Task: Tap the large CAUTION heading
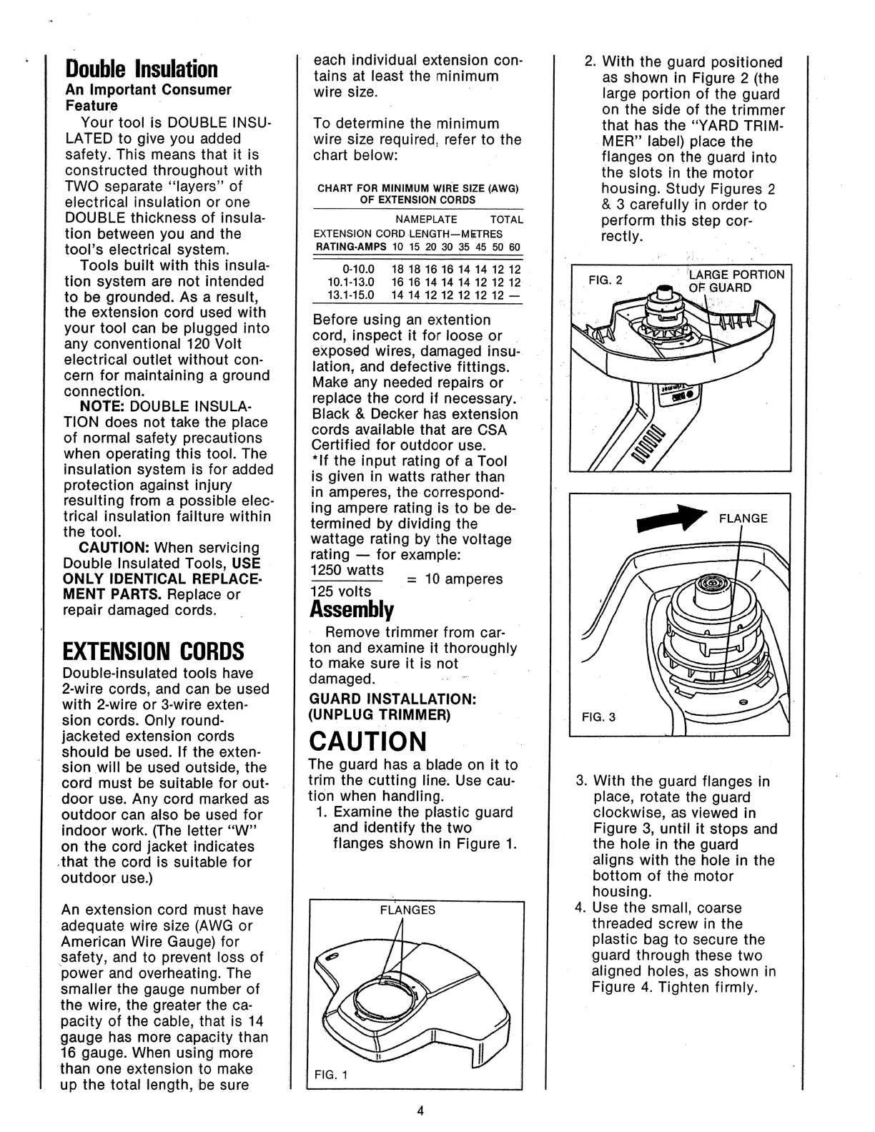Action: [x=367, y=739]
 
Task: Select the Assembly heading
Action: [x=352, y=610]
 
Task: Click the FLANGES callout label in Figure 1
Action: [x=407, y=910]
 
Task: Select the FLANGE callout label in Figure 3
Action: [x=743, y=518]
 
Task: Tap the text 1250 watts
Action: [x=347, y=571]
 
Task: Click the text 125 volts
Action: [x=342, y=591]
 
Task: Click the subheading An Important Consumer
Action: [x=148, y=90]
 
